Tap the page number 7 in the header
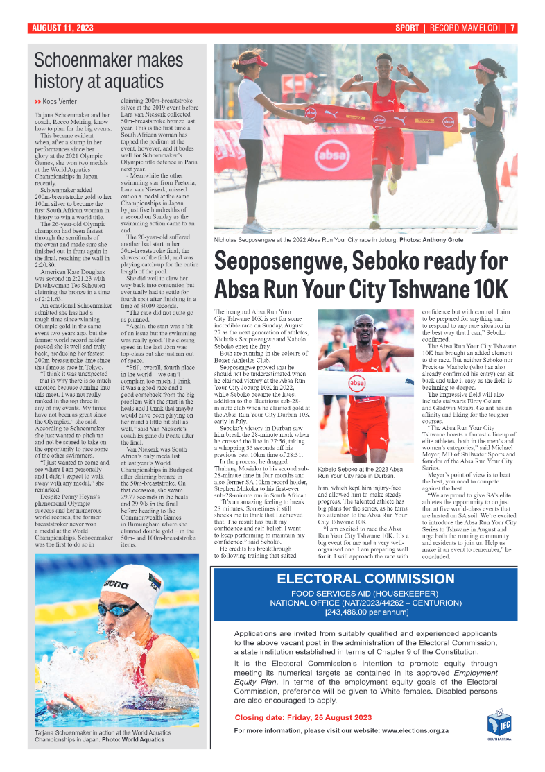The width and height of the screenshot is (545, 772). tap(512, 28)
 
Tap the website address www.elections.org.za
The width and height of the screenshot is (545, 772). tap(415, 731)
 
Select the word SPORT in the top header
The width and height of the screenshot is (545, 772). tap(406, 28)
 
